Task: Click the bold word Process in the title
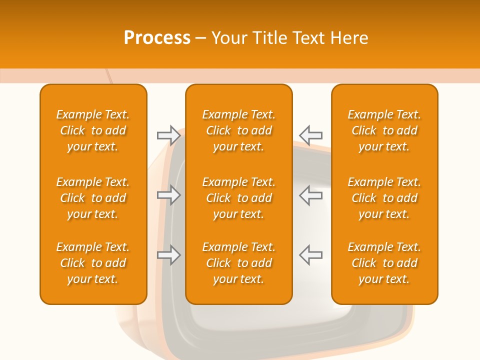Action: tap(157, 38)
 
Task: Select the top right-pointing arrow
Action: tap(169, 135)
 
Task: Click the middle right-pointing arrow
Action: tap(169, 195)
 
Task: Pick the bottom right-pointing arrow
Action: tap(169, 255)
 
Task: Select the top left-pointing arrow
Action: tap(310, 135)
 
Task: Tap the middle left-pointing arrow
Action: tap(310, 195)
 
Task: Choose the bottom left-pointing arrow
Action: tap(310, 255)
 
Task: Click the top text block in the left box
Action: tap(93, 130)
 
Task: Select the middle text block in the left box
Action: tap(93, 198)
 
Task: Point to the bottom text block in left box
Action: tap(93, 263)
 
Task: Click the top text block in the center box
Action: tap(238, 130)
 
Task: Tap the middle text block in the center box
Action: tap(238, 198)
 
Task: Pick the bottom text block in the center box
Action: tap(238, 263)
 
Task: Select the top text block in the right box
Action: tap(384, 130)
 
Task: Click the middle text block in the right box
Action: tap(384, 198)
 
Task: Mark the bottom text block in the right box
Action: tap(384, 263)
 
